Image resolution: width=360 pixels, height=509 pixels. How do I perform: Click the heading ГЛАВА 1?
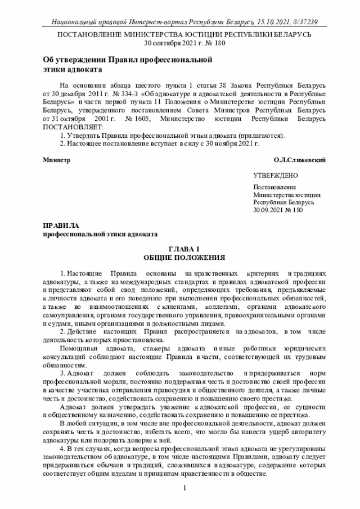pos(184,249)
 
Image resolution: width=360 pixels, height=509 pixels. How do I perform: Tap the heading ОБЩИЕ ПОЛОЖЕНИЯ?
pos(184,258)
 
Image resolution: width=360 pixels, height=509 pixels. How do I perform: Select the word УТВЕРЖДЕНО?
pos(275,176)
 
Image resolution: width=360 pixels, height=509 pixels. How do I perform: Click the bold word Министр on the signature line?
pos(57,160)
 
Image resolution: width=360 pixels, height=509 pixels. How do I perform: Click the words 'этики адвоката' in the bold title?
pos(73,69)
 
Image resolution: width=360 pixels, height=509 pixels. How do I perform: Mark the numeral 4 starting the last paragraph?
pos(62,450)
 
